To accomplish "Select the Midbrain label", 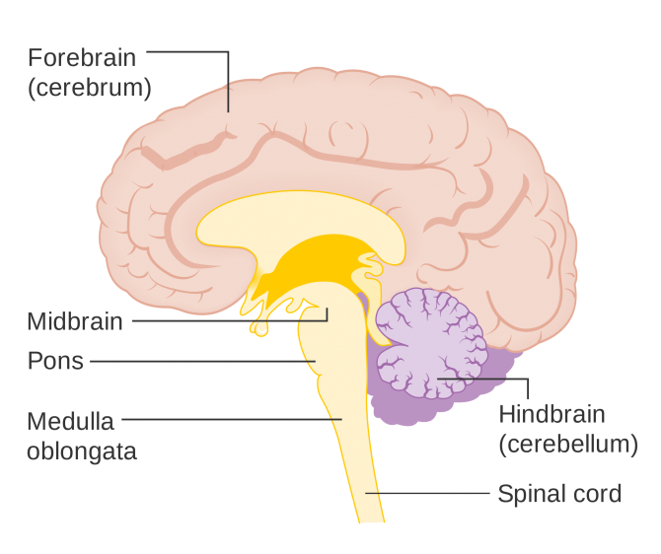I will tap(75, 321).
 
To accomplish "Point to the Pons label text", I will tap(56, 361).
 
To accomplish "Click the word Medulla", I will tap(71, 422).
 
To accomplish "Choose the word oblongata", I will tap(82, 451).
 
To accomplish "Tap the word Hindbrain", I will tap(551, 413).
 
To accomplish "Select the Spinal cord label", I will tap(559, 493).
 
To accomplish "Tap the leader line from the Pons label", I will tap(197, 361).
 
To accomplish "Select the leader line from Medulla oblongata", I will tap(227, 419).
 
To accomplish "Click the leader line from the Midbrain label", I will tap(227, 319).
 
